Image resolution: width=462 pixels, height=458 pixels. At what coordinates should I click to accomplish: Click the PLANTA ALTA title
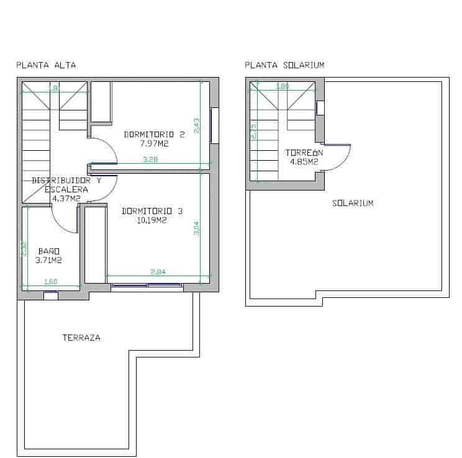click(x=46, y=65)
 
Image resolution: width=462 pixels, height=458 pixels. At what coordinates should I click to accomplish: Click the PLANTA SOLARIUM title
click(x=284, y=65)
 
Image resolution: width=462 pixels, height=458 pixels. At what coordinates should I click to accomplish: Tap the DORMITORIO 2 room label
click(x=155, y=134)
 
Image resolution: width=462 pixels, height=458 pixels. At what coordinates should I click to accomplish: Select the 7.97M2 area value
click(x=155, y=143)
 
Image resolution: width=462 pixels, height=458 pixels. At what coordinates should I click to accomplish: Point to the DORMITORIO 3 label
click(x=152, y=211)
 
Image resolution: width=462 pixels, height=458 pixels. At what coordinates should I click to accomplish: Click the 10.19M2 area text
click(x=152, y=220)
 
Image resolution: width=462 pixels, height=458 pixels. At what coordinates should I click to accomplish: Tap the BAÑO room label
click(x=47, y=251)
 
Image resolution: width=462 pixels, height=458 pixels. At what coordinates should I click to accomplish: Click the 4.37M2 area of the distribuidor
click(x=66, y=199)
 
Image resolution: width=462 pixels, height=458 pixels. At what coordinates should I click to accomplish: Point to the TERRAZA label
click(x=81, y=338)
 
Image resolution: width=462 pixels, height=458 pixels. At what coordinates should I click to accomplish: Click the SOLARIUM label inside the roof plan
click(x=353, y=203)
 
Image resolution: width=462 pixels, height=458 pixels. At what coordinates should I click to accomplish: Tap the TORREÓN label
click(x=304, y=153)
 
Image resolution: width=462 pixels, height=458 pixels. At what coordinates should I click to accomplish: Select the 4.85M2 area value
click(x=304, y=162)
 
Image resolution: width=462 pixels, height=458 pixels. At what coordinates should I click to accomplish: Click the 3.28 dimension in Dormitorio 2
click(x=150, y=160)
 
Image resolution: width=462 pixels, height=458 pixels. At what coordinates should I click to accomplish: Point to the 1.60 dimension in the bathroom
click(x=51, y=282)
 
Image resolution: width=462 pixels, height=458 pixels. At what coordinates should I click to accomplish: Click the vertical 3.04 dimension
click(x=196, y=228)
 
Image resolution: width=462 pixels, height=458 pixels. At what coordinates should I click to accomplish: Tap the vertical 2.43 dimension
click(x=196, y=126)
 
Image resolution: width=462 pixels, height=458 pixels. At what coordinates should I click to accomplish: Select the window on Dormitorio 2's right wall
click(x=215, y=125)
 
